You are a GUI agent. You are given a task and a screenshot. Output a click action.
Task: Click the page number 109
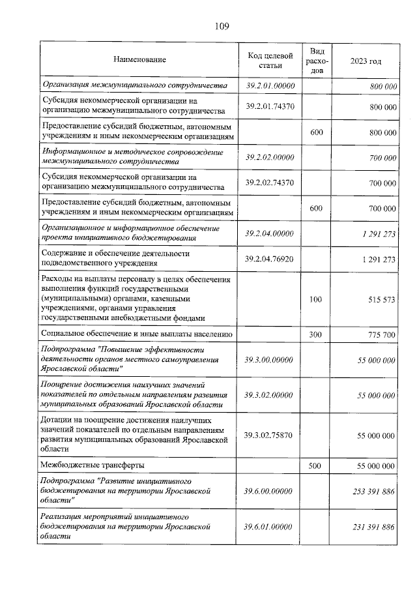[x=221, y=26]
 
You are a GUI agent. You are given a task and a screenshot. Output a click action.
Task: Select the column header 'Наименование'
[x=139, y=60]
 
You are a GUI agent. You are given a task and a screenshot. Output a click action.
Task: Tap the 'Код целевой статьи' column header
[x=270, y=60]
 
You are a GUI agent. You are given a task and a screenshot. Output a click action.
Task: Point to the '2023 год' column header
[x=366, y=60]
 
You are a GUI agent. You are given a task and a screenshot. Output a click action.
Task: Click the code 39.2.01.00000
[x=270, y=86]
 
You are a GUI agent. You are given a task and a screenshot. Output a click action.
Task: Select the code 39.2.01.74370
[x=270, y=106]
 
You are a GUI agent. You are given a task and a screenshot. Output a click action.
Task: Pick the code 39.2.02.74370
[x=270, y=183]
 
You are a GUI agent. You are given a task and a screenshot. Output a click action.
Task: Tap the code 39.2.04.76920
[x=270, y=259]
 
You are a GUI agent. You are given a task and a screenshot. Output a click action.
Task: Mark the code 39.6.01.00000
[x=270, y=525]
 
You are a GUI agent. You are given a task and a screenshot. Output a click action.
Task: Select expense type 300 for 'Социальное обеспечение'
[x=317, y=334]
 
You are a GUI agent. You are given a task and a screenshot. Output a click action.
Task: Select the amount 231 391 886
[x=367, y=525]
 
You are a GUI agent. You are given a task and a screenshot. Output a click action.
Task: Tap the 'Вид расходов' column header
[x=317, y=60]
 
